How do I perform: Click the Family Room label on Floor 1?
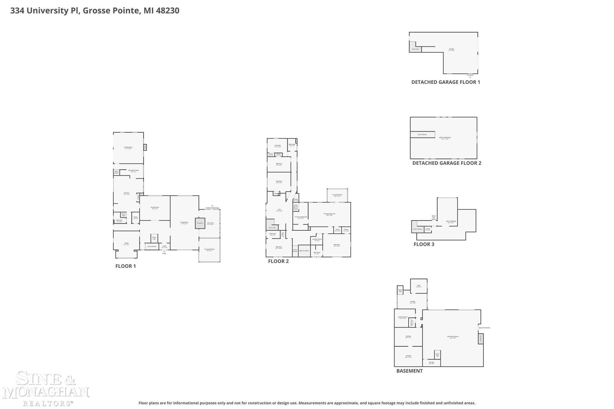128,147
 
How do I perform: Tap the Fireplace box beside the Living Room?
200,223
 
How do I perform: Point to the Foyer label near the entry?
164,246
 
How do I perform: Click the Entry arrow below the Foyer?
164,252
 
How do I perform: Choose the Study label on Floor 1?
126,244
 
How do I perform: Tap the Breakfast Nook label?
134,170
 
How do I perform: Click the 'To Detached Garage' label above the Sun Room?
212,208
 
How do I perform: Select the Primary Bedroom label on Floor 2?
329,214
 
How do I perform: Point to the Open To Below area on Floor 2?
304,251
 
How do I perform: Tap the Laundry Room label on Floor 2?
317,239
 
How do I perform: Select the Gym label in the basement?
419,286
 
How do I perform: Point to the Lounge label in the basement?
413,302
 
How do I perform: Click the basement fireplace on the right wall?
481,339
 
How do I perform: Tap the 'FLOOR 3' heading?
424,244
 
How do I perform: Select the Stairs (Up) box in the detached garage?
415,49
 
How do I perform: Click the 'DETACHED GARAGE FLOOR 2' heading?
447,163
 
